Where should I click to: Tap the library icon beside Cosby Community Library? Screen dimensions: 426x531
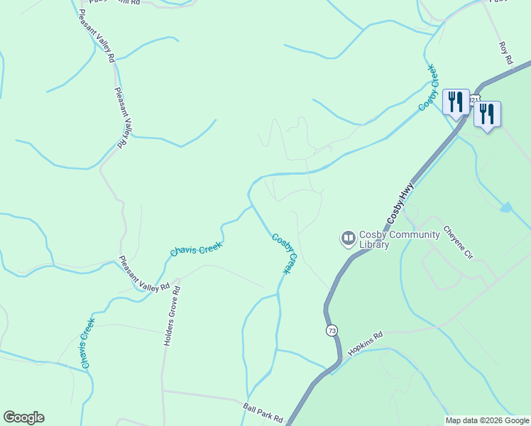click(348, 238)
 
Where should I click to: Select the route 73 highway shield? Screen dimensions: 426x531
click(332, 331)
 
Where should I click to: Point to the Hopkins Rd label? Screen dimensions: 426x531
click(366, 344)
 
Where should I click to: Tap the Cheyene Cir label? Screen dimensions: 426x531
click(457, 242)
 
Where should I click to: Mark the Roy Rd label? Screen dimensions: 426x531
click(505, 54)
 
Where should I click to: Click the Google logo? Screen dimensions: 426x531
click(23, 417)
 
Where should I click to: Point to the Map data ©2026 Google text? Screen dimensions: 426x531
click(487, 420)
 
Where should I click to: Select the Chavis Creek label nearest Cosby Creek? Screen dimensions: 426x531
click(196, 249)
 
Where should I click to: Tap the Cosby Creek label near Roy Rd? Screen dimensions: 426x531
click(427, 87)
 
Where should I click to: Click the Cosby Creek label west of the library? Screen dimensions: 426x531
click(284, 253)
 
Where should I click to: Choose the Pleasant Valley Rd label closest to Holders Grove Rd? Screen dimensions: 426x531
click(145, 273)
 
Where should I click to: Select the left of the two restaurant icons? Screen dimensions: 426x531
click(455, 101)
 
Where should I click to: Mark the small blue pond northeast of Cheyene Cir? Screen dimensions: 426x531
click(505, 208)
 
